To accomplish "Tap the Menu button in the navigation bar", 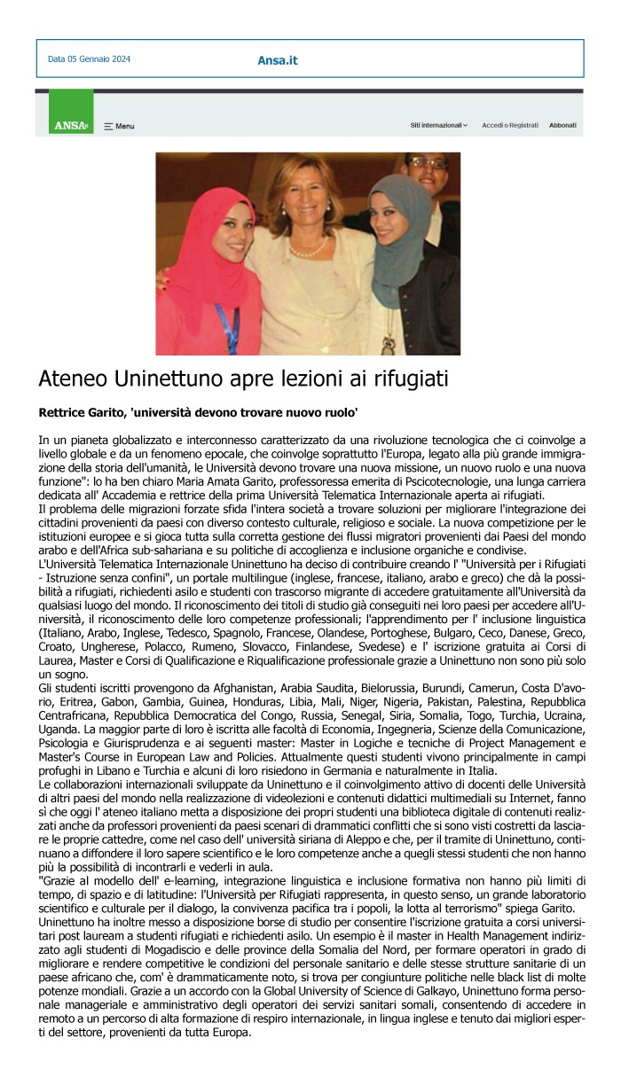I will [x=119, y=126].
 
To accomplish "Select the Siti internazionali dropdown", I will [x=439, y=126].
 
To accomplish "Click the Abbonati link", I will [x=562, y=126].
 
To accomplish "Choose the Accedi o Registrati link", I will [x=510, y=126].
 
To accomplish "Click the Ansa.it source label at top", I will [x=278, y=60].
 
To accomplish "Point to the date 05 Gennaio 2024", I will [x=89, y=59].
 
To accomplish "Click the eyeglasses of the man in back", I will [x=427, y=164].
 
